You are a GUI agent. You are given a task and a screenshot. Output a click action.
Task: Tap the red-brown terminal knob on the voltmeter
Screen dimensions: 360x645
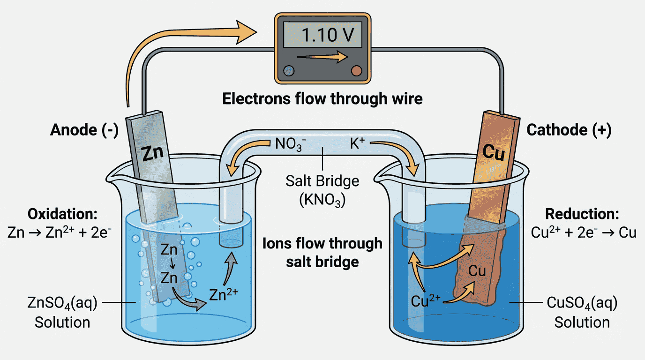point(356,71)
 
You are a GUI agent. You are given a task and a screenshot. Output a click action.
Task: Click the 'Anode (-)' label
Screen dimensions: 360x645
point(84,130)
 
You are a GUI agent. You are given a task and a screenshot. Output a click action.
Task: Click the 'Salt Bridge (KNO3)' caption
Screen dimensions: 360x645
point(322,190)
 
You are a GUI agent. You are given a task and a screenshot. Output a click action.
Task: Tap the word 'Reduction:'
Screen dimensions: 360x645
point(582,214)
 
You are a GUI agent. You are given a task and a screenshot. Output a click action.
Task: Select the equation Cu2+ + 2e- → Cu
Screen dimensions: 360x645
point(584,232)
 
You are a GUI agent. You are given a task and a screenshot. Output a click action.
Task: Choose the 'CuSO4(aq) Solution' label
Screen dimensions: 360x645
point(582,312)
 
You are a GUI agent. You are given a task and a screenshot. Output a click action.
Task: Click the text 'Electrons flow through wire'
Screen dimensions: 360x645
point(322,99)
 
